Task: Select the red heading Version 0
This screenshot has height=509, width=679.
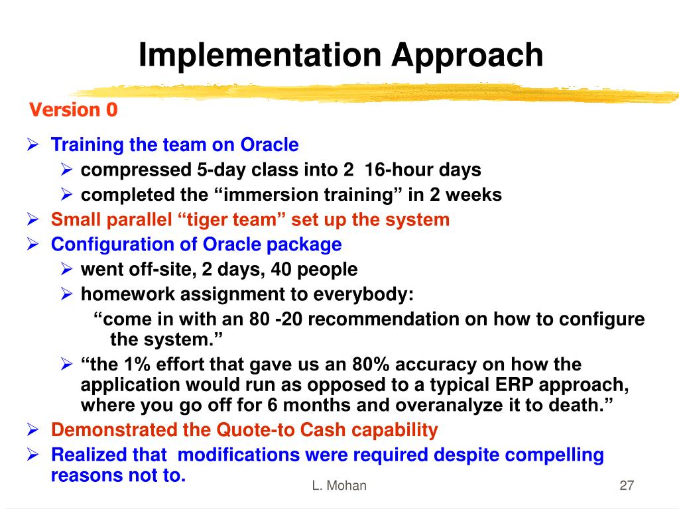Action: click(73, 109)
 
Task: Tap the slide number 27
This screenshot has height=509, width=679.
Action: click(627, 485)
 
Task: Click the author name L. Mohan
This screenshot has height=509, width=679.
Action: click(339, 485)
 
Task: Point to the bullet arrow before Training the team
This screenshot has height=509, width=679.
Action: click(33, 144)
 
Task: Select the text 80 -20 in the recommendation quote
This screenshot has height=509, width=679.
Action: click(275, 319)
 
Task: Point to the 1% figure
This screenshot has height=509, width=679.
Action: click(137, 365)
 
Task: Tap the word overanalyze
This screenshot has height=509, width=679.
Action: click(447, 406)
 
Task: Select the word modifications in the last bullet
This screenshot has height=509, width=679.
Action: click(239, 455)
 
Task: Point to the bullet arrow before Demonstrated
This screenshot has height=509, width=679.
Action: click(33, 429)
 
